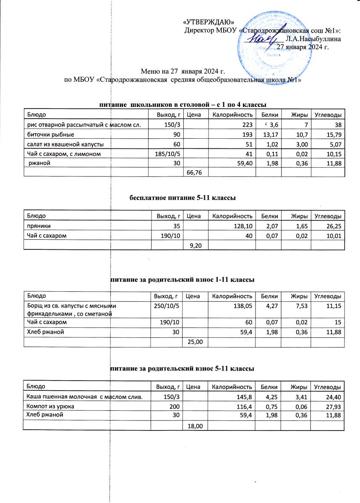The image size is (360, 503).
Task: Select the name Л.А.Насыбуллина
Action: [x=313, y=39]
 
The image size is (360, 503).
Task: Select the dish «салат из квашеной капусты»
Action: [x=66, y=145]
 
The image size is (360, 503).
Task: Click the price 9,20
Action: [x=196, y=246]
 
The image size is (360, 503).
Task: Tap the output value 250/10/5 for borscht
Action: [x=167, y=306]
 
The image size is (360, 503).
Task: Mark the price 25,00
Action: [x=196, y=342]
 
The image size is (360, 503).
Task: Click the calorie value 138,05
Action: [x=242, y=306]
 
